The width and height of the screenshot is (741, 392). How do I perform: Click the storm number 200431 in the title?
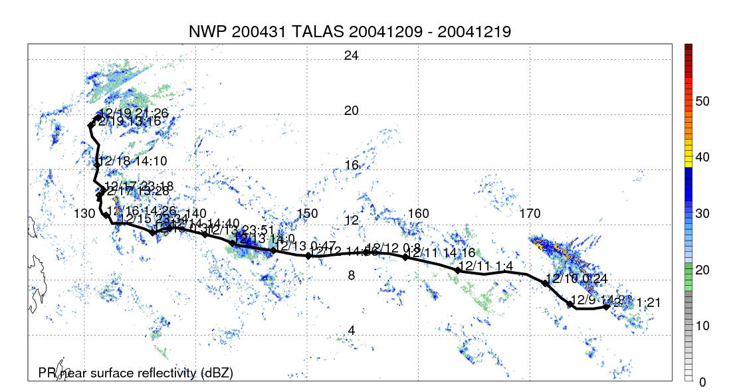pyautogui.click(x=254, y=32)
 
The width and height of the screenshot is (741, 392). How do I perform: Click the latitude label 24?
pyautogui.click(x=352, y=56)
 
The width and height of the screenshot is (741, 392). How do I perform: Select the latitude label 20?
pyautogui.click(x=352, y=111)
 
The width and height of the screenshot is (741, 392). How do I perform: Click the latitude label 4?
pyautogui.click(x=352, y=331)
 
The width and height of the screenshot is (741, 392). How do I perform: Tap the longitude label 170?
pyautogui.click(x=530, y=214)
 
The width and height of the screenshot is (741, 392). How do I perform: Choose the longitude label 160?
pyautogui.click(x=418, y=214)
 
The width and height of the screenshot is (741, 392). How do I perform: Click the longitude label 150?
pyautogui.click(x=307, y=214)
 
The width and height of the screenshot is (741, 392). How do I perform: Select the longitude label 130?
pyautogui.click(x=85, y=214)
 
